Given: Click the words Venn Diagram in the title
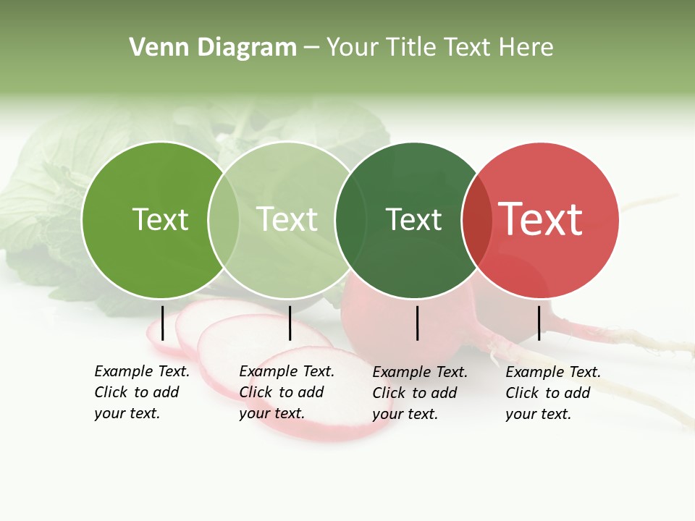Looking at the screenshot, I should point(213,48).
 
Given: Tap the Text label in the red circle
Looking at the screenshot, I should point(540,219).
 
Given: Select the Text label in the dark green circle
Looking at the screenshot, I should point(413,220).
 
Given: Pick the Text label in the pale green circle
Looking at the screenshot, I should point(287,219).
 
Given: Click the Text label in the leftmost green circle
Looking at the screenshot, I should point(160,219).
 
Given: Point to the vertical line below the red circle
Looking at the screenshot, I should point(539,323).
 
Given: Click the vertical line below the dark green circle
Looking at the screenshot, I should point(417,323).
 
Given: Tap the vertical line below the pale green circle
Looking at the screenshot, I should point(290,323).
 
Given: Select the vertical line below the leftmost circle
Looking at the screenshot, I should point(162,323).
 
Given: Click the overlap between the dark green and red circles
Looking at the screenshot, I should point(477,220).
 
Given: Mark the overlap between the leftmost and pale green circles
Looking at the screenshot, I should point(224,220).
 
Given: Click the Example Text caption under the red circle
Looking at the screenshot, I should point(553,393).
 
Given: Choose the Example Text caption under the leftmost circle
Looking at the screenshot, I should point(142,392).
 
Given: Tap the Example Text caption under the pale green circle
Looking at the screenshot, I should point(287,392).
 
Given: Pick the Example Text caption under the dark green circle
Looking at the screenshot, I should point(420,393).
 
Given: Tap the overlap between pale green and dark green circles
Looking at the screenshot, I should point(350,220).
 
